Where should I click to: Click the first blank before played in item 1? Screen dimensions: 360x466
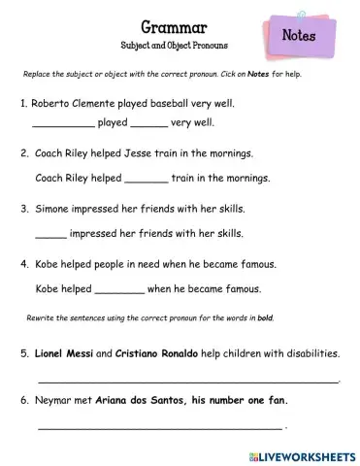point(63,125)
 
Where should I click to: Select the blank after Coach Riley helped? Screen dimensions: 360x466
point(147,180)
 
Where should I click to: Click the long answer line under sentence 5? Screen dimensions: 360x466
point(188,382)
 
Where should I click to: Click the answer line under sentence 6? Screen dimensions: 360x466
point(160,428)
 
